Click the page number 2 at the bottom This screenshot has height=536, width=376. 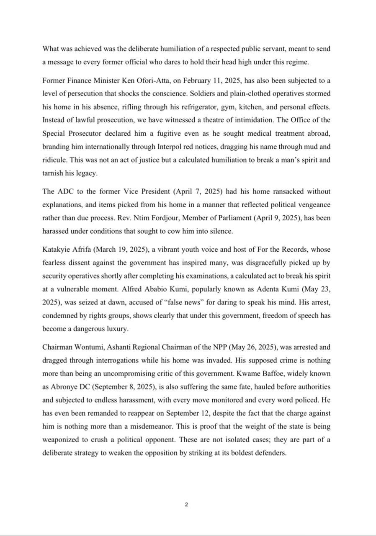click(x=186, y=505)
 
